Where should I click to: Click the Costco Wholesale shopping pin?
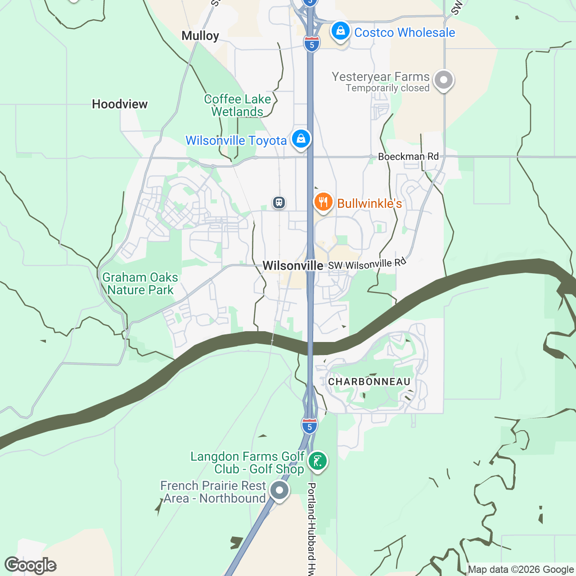(341, 31)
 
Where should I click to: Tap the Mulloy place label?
(200, 36)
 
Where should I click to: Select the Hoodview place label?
(120, 104)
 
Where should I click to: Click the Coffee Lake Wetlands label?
(237, 105)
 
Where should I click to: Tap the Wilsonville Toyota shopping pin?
(301, 139)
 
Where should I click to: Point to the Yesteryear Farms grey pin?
(444, 81)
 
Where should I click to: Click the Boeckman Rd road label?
(408, 157)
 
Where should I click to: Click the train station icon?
(279, 202)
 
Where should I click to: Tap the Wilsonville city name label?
(293, 266)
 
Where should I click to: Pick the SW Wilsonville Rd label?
(367, 264)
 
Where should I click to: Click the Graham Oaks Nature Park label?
(140, 284)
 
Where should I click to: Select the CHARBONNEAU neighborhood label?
(369, 382)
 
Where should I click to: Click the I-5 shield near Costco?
(311, 44)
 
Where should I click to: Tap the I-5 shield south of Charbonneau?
(309, 426)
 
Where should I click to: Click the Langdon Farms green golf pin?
(318, 461)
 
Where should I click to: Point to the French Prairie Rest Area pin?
(279, 490)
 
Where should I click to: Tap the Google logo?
(30, 565)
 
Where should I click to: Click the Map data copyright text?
(521, 570)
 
